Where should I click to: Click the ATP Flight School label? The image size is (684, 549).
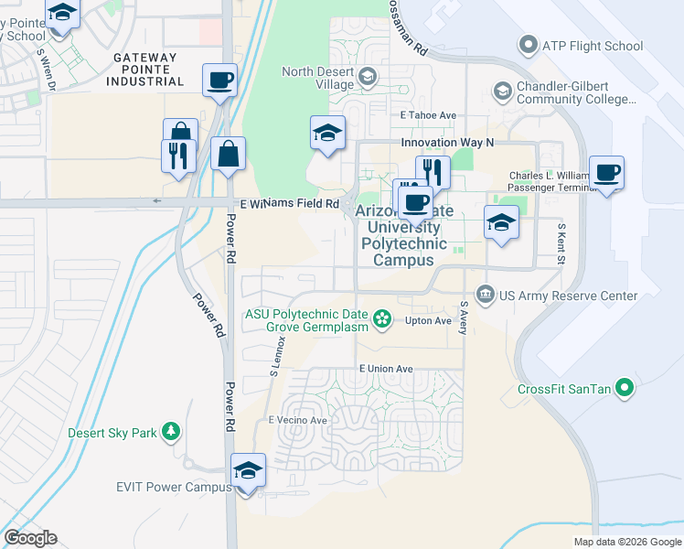593,46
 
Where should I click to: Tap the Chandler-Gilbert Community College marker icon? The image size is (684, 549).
502,91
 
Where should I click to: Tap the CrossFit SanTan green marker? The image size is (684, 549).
625,388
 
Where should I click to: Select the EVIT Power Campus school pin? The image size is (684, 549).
248,471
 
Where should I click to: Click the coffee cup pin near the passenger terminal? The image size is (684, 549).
606,173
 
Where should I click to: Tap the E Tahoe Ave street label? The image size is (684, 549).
428,115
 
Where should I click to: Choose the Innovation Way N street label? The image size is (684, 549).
447,143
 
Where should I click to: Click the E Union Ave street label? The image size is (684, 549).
386,369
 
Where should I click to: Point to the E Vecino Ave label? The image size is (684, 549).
297,420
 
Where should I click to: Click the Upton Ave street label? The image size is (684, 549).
429,321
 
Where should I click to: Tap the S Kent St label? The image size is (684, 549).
561,243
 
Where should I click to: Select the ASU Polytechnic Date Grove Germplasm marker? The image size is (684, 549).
383,319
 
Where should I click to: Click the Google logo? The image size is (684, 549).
30,538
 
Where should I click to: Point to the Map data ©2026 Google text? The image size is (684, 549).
626,542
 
